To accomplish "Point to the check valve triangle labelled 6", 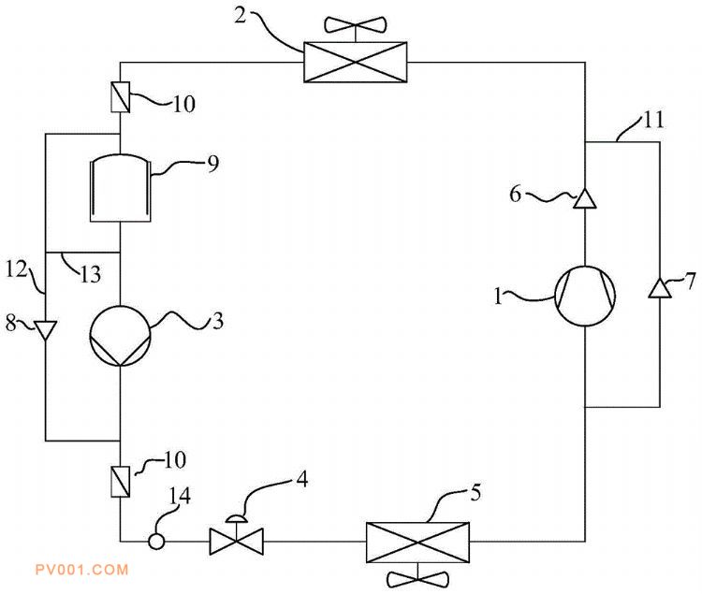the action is (585, 198).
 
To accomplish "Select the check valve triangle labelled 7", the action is (660, 288).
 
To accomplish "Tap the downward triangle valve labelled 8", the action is (46, 330).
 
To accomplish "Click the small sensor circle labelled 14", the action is (156, 542).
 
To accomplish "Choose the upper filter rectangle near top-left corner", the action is (121, 97).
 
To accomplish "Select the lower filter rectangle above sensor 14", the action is (121, 482).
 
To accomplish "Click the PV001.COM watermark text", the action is (82, 570).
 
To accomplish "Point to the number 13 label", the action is (91, 273).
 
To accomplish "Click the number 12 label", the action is (17, 269).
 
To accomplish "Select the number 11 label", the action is (654, 120).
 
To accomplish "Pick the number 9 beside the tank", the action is (213, 164).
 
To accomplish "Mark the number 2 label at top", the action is (241, 16).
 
